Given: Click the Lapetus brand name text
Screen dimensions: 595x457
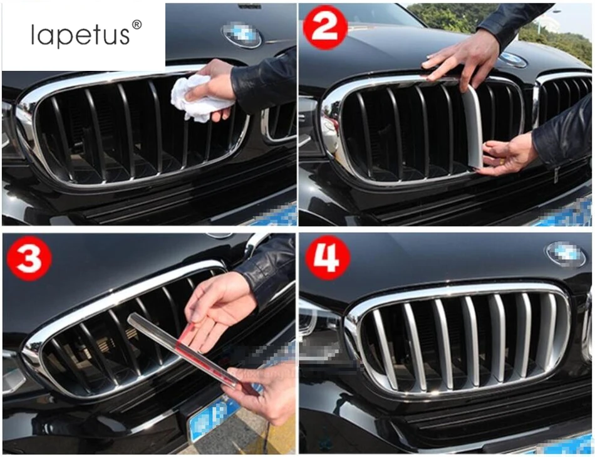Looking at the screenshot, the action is click(x=80, y=35).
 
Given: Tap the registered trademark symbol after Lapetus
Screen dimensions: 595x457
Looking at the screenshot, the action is click(x=137, y=24).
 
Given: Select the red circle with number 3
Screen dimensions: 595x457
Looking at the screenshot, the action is click(x=29, y=258).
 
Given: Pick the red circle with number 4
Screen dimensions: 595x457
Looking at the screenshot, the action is click(x=328, y=258).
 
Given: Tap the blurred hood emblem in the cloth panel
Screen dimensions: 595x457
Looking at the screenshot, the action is click(x=242, y=34).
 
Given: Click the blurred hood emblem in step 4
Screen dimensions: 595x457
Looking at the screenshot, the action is click(x=566, y=253).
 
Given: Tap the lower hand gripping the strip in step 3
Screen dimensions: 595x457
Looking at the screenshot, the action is click(x=262, y=391).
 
